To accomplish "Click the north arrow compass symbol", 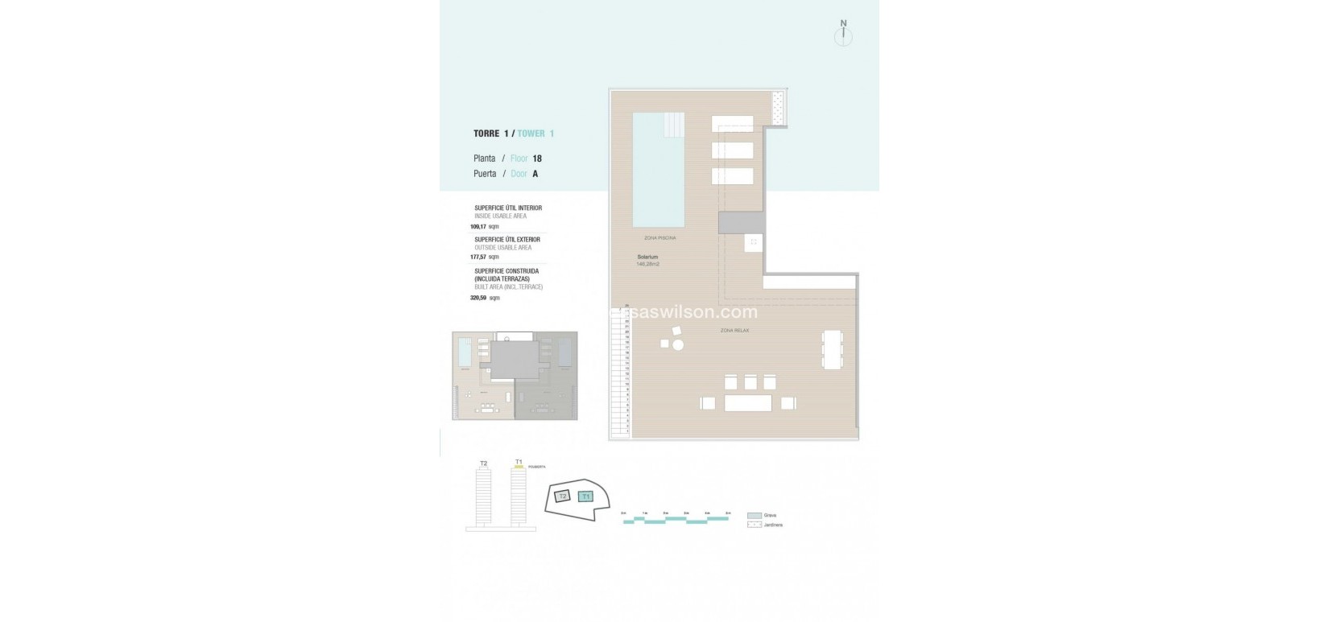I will coord(843,35).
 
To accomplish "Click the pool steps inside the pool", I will coord(673,125).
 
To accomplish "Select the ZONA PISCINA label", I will coord(659,238).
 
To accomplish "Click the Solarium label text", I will coord(647,257).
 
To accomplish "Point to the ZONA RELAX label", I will coord(734,330).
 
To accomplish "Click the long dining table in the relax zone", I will coord(831,350).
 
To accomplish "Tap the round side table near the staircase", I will coord(678,345).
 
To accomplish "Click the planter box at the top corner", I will coord(778,108).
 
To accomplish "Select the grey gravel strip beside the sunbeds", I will coord(741,223).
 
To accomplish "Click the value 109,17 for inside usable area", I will coord(479,227).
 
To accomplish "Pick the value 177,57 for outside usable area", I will coord(479,257).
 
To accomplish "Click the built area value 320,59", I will coord(479,298).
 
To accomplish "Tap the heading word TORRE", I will coord(486,134).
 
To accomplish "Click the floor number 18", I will coord(537,159).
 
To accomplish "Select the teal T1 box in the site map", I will coord(586,496).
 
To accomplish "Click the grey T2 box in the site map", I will coord(563,496).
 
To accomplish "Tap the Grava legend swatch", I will coord(755,516).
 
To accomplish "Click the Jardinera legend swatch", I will coord(755,525).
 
